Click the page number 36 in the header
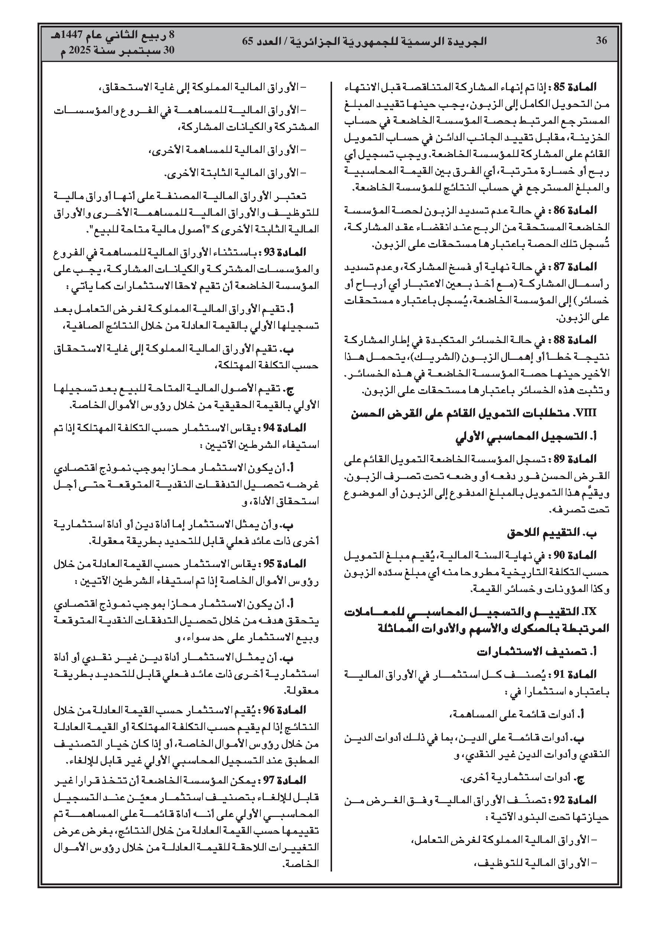(x=601, y=40)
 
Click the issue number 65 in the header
(x=248, y=41)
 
